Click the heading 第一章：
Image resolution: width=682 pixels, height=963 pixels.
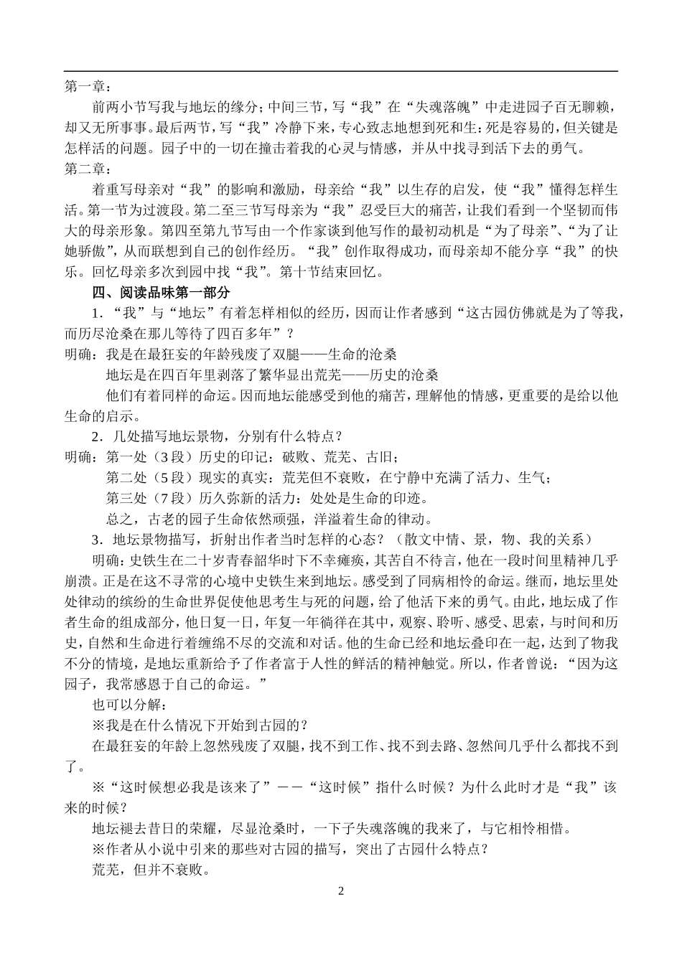click(x=88, y=87)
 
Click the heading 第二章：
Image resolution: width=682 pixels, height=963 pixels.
click(x=88, y=169)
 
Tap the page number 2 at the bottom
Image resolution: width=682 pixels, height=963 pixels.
click(x=341, y=891)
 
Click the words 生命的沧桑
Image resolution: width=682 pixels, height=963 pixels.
click(x=356, y=354)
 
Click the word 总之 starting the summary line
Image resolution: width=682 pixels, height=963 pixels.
click(x=120, y=519)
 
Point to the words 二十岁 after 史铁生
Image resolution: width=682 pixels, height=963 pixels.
click(x=203, y=560)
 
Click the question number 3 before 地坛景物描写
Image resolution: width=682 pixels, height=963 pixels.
click(x=97, y=540)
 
